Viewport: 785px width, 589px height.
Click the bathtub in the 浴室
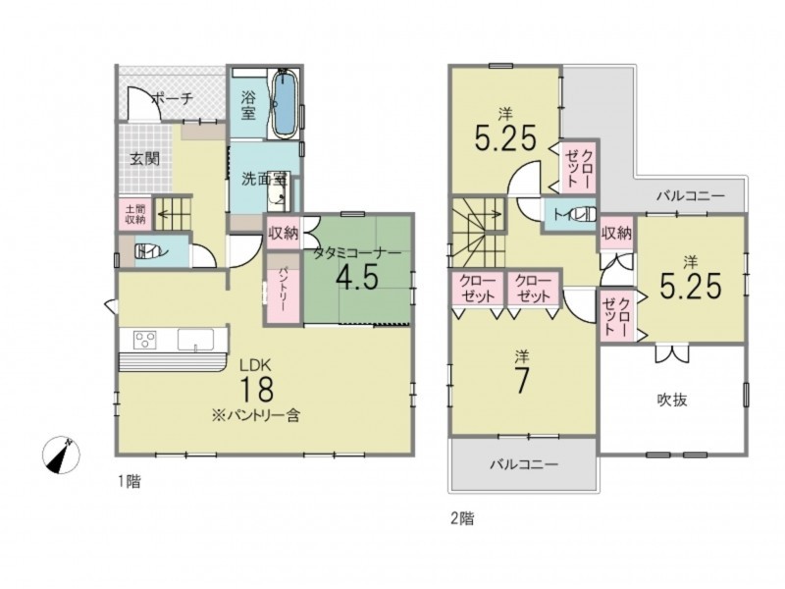[x=285, y=103]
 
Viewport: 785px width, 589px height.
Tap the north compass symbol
[x=61, y=455]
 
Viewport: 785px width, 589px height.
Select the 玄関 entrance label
[x=145, y=159]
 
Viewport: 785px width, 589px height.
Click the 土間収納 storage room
[x=135, y=213]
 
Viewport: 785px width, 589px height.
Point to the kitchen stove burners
[x=145, y=339]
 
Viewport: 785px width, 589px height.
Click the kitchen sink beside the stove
[x=195, y=339]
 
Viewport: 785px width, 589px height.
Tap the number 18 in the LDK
[x=257, y=389]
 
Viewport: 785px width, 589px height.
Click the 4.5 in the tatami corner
[x=357, y=277]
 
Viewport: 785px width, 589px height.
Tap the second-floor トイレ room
[x=570, y=215]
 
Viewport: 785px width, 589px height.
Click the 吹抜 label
[x=672, y=400]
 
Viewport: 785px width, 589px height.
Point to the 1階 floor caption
[x=130, y=482]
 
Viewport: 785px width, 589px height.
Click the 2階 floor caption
[x=462, y=519]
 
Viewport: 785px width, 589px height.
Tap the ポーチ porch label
[x=172, y=99]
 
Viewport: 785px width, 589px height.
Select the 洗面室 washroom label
[x=264, y=179]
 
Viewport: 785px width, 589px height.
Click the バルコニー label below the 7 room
[x=524, y=464]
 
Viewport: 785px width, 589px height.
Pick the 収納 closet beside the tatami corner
[x=283, y=233]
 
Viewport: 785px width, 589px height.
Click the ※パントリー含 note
[x=255, y=415]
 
